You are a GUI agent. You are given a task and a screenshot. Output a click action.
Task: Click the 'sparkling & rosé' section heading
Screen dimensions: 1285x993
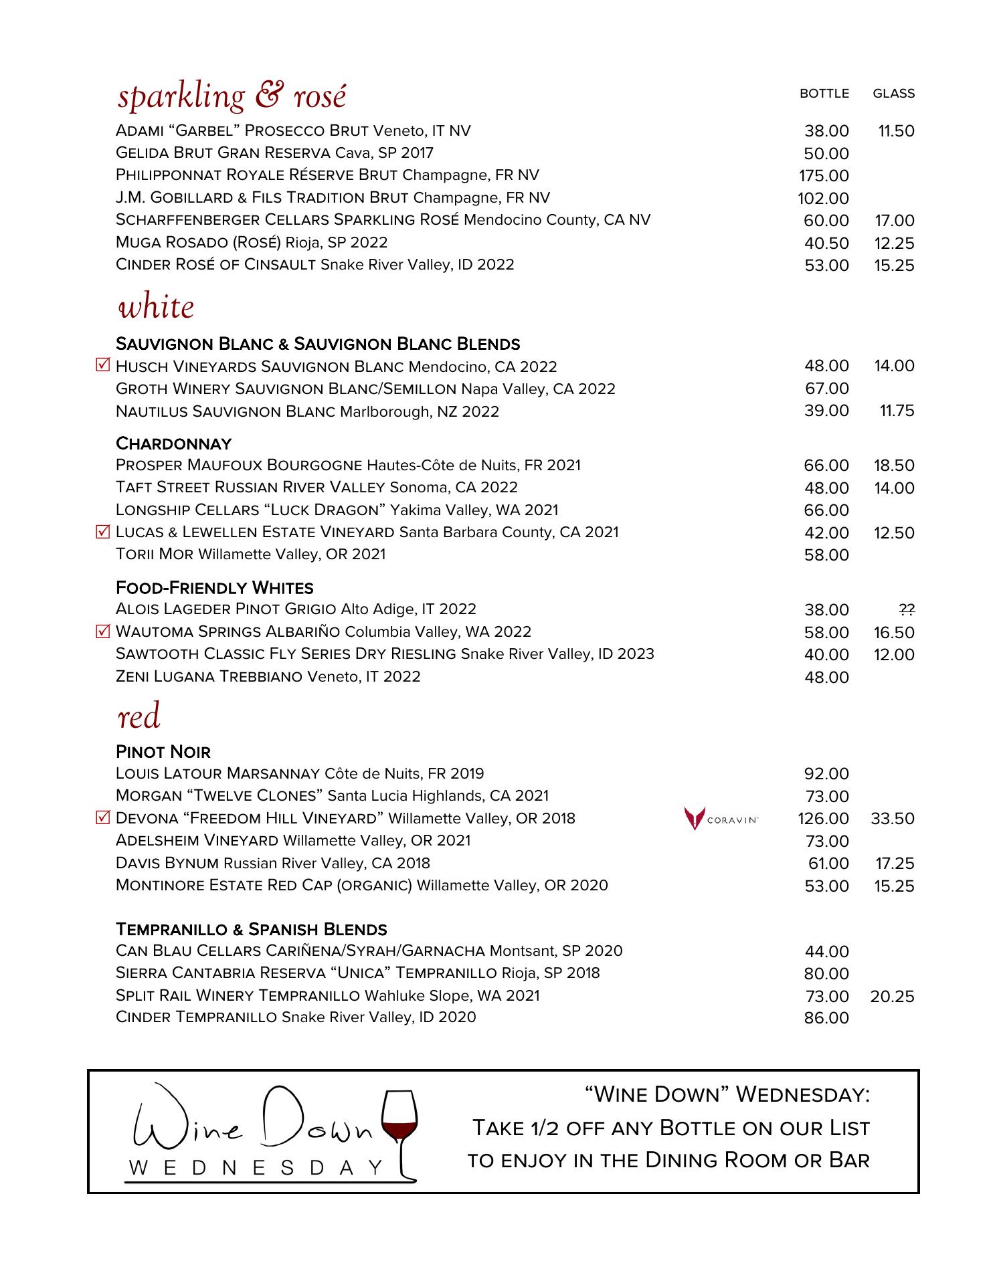coord(232,97)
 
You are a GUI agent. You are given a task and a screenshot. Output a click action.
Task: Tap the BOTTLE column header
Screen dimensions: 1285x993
coord(824,94)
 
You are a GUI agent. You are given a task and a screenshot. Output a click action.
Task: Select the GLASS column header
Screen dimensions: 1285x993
coord(893,94)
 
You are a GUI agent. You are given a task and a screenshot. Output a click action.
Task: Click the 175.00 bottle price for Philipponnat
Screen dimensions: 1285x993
coord(823,176)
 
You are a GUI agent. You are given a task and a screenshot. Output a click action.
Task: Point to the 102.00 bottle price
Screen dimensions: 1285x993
coord(823,199)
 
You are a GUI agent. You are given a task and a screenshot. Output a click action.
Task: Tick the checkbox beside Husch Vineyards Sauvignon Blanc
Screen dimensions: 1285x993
coord(102,366)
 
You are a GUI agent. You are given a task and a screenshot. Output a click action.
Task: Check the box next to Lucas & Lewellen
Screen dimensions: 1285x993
coord(102,532)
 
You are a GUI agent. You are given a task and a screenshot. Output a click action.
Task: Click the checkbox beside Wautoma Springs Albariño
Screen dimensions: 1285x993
coord(102,631)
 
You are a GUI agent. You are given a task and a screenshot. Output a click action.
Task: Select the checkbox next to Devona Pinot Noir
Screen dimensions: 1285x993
coord(102,817)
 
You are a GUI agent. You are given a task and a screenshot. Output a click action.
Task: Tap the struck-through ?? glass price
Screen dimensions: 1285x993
coord(907,609)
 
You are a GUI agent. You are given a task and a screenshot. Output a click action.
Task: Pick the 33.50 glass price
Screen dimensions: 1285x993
coord(893,819)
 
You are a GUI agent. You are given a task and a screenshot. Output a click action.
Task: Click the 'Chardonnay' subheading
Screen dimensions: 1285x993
coord(173,444)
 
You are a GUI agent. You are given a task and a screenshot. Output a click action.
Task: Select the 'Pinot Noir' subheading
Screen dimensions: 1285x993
coord(163,752)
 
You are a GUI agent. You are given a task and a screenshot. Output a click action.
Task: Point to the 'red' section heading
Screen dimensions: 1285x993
coord(139,717)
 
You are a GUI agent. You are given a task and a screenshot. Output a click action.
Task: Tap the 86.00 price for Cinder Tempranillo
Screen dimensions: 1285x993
coord(826,1018)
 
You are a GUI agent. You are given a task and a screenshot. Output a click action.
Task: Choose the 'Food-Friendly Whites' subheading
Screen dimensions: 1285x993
coord(214,588)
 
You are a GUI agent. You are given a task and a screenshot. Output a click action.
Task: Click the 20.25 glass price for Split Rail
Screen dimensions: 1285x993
coord(892,997)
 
